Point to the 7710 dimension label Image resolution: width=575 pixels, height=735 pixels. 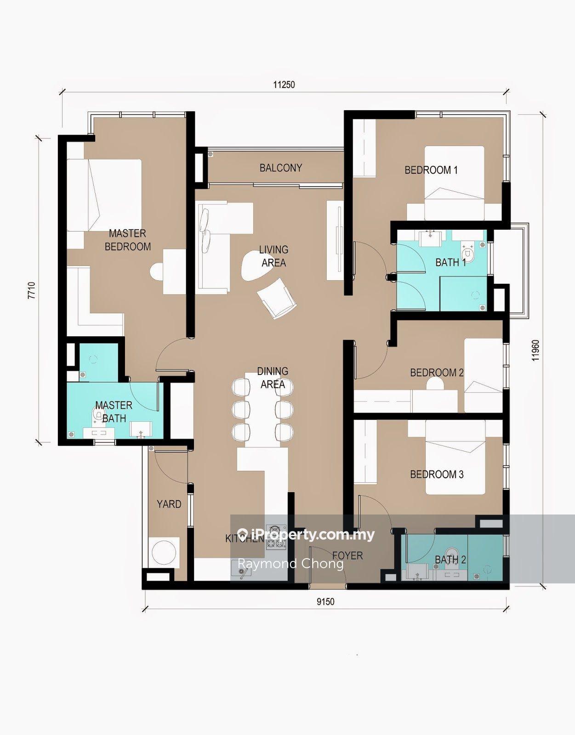click(31, 290)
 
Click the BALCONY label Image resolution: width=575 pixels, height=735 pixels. click(280, 168)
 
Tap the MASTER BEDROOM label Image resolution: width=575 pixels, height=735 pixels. click(128, 240)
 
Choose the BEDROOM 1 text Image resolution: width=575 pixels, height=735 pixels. click(431, 170)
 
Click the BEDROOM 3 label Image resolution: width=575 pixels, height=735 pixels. click(437, 474)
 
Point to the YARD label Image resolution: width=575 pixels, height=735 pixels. click(169, 504)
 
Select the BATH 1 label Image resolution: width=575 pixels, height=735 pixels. click(451, 262)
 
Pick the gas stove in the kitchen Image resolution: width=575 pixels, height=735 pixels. click(276, 537)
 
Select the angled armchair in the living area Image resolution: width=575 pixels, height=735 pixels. click(277, 298)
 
